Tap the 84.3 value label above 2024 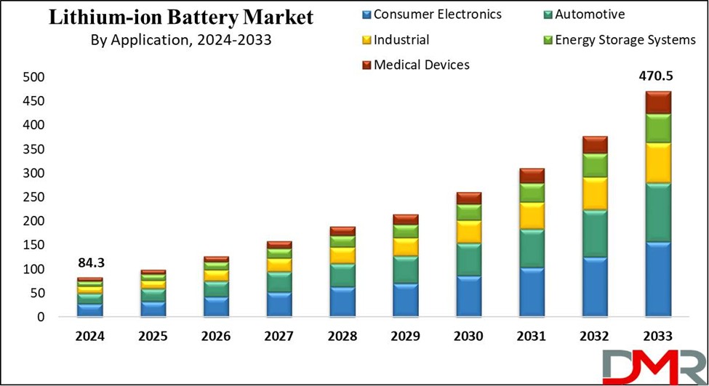coord(90,262)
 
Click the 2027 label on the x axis coord(279,337)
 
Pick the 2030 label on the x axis coord(468,337)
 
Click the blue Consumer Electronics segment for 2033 coord(658,279)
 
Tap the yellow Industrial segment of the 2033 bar coord(658,163)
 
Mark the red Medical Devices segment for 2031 coord(532,175)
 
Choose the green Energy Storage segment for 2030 coord(468,212)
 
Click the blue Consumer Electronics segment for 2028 coord(343,302)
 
